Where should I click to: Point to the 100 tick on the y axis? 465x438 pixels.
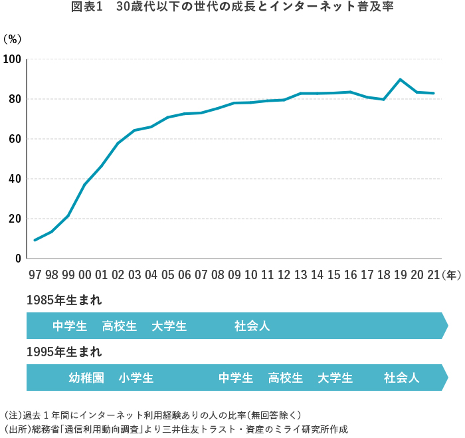click(x=13, y=60)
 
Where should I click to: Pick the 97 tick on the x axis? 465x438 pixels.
click(x=35, y=274)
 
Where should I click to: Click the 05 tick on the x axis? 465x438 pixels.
click(x=167, y=274)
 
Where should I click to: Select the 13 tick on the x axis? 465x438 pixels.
click(x=300, y=274)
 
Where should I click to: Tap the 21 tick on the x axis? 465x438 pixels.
click(x=433, y=274)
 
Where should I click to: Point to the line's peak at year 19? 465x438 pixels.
click(x=400, y=80)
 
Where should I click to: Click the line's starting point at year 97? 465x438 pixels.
click(x=35, y=240)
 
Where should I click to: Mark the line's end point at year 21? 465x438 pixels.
click(x=433, y=93)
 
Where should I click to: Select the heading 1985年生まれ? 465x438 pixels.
click(x=64, y=300)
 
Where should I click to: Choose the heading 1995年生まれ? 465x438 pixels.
click(x=64, y=352)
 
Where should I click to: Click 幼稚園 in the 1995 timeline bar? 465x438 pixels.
click(x=86, y=378)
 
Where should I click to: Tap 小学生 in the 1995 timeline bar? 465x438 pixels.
click(x=136, y=378)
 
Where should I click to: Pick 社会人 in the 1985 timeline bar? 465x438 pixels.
click(x=252, y=326)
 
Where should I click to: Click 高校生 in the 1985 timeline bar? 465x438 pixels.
click(x=120, y=326)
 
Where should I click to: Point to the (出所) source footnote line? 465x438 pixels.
click(x=176, y=429)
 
